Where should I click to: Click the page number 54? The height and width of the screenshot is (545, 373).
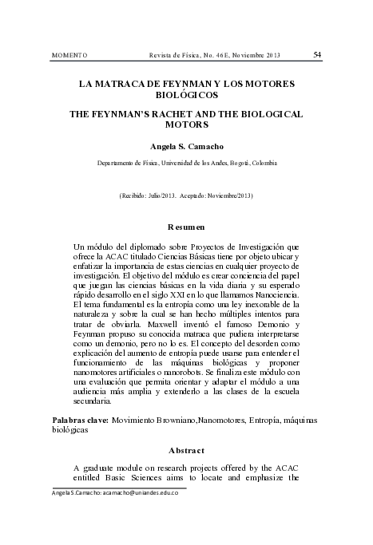318,54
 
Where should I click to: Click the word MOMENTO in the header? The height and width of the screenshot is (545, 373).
69,55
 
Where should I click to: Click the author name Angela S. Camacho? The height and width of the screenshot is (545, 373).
187,147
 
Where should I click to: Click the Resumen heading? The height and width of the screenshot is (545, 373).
186,227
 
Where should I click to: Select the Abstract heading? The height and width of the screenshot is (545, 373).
186,449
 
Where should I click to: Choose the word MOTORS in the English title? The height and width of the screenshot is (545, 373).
187,125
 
